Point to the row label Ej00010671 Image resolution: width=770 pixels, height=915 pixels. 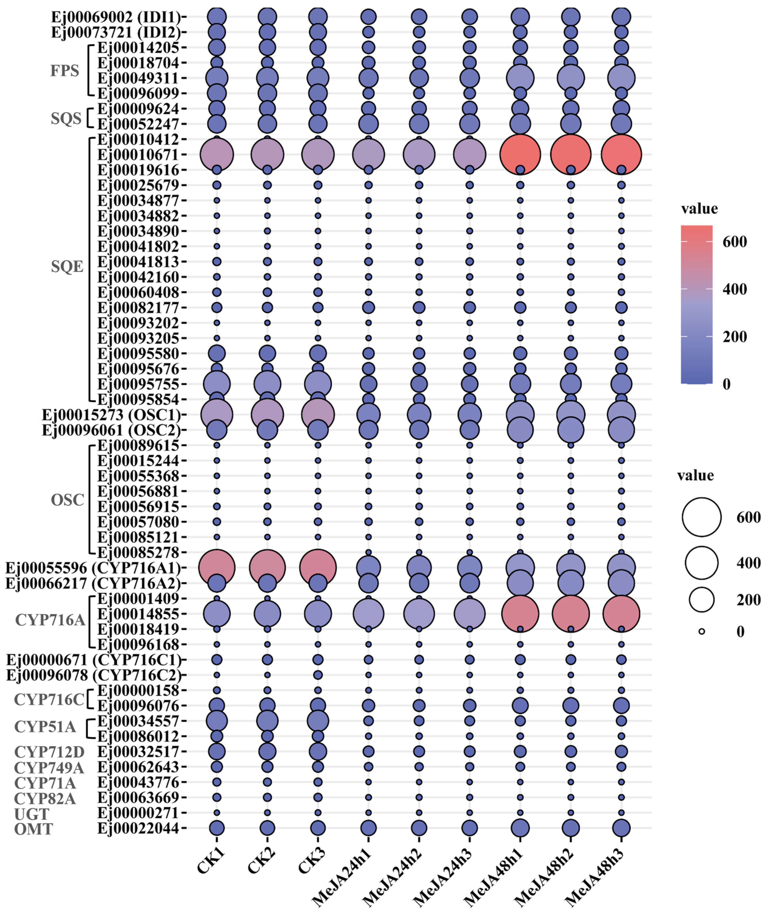click(x=138, y=155)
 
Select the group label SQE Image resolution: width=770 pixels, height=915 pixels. click(x=67, y=266)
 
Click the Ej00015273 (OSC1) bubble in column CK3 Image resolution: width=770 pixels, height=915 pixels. click(x=318, y=415)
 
